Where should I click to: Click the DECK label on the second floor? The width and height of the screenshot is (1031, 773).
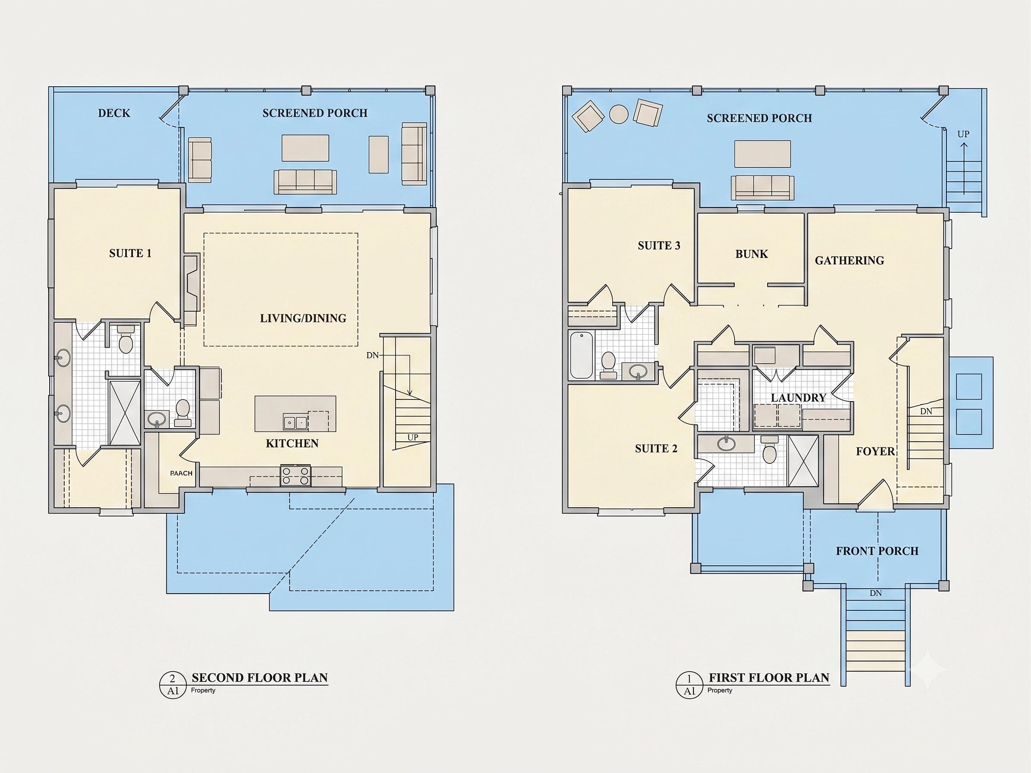[114, 113]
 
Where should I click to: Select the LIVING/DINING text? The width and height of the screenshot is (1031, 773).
[303, 318]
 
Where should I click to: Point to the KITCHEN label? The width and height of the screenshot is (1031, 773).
[292, 443]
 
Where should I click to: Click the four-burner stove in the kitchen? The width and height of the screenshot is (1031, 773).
[295, 476]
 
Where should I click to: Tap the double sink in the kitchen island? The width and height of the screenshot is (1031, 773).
[295, 423]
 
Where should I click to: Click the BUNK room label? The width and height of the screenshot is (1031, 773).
[752, 255]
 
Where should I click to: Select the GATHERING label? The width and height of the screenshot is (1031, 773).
[849, 261]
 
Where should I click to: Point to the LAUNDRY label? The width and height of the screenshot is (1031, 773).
[798, 398]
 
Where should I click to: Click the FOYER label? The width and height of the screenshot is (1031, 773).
[875, 452]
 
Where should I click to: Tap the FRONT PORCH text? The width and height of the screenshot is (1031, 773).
[877, 551]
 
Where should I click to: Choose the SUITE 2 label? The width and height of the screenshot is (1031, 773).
[656, 449]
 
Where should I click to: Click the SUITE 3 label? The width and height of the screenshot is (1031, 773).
[659, 245]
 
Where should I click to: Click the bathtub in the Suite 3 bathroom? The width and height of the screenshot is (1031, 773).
[582, 355]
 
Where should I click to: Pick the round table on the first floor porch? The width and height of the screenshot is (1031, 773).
[619, 114]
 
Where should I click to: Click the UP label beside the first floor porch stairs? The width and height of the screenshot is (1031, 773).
[963, 134]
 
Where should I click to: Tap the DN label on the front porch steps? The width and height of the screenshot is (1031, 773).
[876, 593]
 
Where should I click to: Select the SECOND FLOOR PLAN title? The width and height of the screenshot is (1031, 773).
[260, 678]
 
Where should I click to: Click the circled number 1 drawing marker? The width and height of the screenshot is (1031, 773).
[689, 679]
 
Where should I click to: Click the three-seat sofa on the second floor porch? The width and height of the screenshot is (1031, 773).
[305, 182]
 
